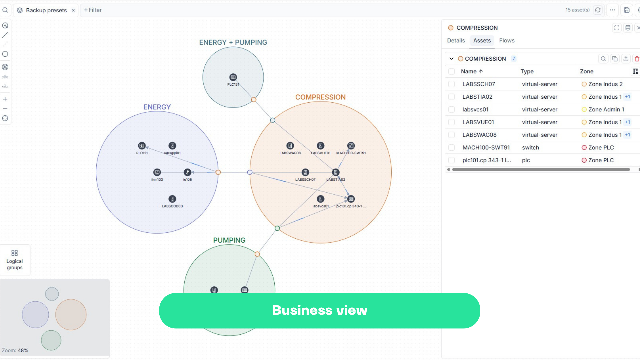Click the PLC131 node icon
click(x=233, y=77)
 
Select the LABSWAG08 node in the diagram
click(x=290, y=146)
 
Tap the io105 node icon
click(x=187, y=172)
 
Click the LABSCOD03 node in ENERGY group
click(x=172, y=199)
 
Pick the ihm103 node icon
click(x=157, y=172)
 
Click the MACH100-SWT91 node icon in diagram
click(x=351, y=146)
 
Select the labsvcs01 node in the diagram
click(x=320, y=199)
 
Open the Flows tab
click(x=507, y=41)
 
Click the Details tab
click(x=456, y=41)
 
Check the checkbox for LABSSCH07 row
click(x=451, y=84)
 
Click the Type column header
click(x=527, y=72)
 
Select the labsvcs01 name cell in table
click(x=475, y=110)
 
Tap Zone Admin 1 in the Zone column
click(x=606, y=110)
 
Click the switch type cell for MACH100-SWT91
click(x=530, y=148)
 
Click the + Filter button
click(x=93, y=10)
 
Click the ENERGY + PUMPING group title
click(x=233, y=43)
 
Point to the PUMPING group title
click(x=229, y=240)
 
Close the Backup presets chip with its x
click(x=73, y=10)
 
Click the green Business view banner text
click(x=319, y=310)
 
